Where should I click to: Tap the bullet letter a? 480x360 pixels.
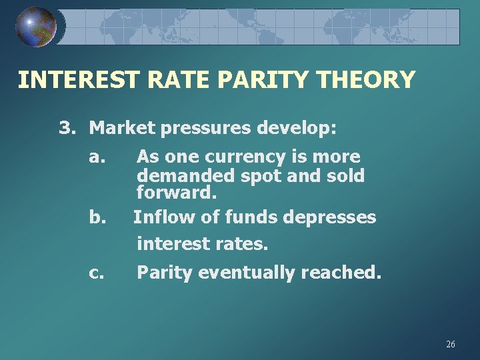click(97, 157)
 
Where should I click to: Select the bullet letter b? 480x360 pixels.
click(97, 217)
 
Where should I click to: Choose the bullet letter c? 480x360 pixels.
click(97, 273)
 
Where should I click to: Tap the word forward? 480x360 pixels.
click(177, 194)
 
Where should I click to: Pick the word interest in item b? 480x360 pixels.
click(171, 244)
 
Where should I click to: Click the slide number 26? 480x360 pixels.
click(451, 344)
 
